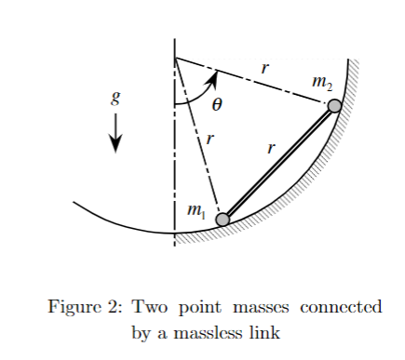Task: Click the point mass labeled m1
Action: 223,220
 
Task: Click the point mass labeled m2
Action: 335,106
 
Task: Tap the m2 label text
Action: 322,84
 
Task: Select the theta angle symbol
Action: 217,105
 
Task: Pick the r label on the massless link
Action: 271,147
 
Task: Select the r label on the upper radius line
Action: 265,68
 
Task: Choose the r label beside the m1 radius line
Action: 210,140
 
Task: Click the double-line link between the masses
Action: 279,163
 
